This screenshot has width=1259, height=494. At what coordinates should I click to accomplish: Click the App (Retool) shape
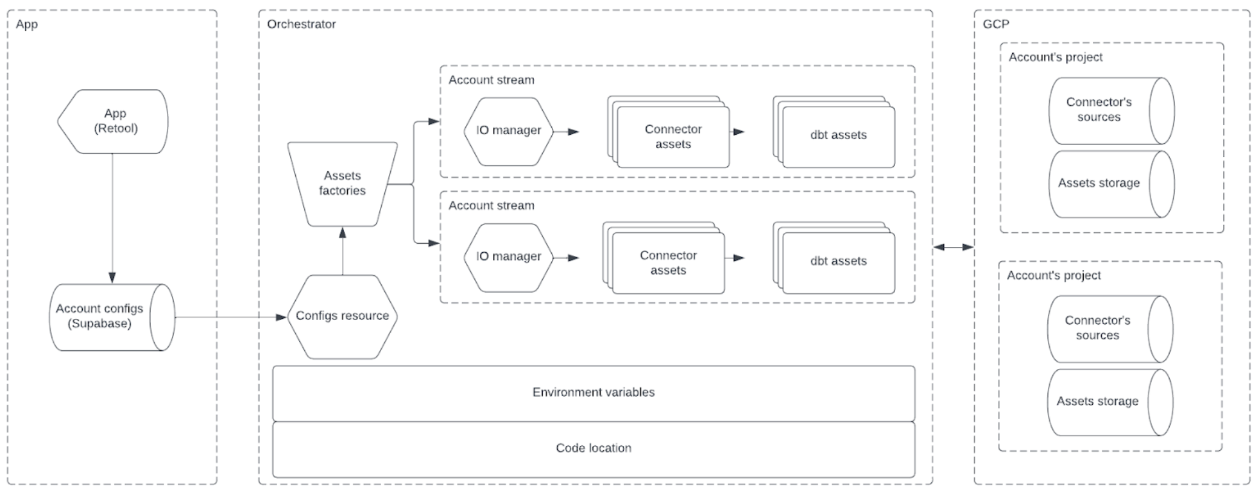coord(114,121)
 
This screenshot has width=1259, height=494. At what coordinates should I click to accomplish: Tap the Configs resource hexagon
coord(342,316)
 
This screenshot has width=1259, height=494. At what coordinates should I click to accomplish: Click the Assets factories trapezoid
coord(342,183)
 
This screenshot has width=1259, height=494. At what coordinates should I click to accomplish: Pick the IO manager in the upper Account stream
coord(508,131)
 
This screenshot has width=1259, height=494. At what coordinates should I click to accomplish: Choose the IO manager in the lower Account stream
coord(508,257)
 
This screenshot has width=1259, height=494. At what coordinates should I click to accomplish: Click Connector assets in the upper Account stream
coord(672,137)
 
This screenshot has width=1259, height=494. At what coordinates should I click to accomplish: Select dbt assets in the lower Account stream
coord(838,262)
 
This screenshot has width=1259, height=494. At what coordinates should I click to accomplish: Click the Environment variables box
coord(593,393)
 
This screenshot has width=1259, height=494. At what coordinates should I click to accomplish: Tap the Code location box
coord(593,448)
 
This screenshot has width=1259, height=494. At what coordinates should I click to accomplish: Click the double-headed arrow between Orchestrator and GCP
coord(953,247)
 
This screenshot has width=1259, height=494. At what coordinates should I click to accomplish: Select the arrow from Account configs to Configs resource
coord(231,317)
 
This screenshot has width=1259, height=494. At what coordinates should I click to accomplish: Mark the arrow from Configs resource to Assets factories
coord(343,251)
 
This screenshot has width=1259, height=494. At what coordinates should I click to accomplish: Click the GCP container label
coord(995,24)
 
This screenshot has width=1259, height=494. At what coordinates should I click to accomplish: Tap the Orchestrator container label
coord(301,24)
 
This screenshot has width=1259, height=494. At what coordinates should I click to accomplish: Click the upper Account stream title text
coord(491,80)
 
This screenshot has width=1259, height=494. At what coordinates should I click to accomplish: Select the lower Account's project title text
coord(1053,276)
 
